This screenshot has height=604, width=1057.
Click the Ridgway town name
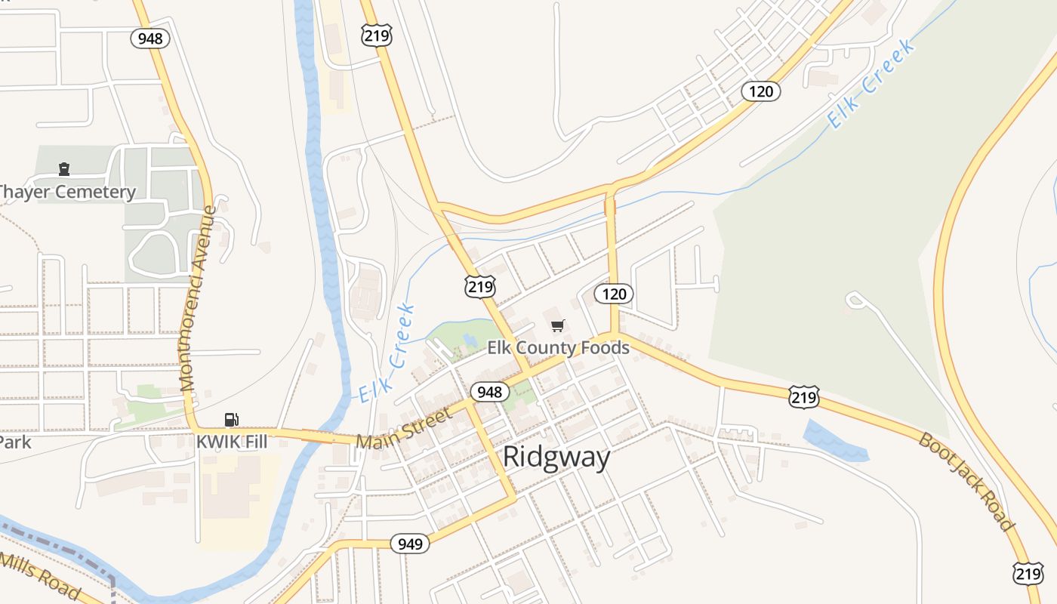[556, 457]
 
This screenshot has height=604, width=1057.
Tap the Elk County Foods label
[558, 348]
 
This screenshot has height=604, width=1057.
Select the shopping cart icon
[557, 325]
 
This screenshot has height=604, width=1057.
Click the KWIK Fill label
[232, 442]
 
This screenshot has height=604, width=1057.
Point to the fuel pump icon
[231, 420]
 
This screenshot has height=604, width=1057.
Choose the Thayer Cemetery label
[66, 192]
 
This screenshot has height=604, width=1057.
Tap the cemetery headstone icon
[64, 169]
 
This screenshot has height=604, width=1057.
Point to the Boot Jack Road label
[966, 480]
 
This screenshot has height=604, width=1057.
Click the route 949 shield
[410, 543]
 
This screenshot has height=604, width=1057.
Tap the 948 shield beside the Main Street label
[490, 392]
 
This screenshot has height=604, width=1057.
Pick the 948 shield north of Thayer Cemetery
[150, 39]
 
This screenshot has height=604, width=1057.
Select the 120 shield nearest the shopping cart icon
[614, 294]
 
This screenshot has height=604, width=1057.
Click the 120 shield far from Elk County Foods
[760, 91]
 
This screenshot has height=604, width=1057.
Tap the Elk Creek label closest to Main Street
[387, 353]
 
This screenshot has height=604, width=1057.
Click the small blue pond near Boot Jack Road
[835, 442]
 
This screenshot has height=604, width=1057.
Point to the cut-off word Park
[15, 442]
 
